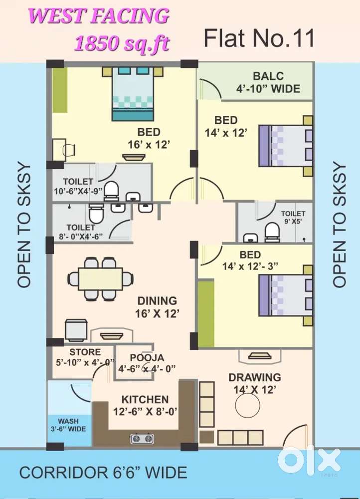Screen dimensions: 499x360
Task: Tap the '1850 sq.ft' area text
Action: [122, 43]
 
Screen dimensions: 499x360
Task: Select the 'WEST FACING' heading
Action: [99, 16]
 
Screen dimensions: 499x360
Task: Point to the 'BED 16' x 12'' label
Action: [149, 138]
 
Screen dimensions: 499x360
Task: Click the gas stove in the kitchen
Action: [142, 439]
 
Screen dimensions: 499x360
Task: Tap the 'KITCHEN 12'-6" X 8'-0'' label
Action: [145, 406]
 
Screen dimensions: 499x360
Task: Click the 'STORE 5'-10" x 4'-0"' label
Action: [85, 357]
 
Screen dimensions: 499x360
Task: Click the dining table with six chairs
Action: [100, 278]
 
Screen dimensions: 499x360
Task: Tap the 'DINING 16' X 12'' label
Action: [157, 307]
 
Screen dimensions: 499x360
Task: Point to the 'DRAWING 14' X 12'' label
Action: [254, 383]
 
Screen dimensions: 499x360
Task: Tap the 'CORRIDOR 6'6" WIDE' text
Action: [103, 472]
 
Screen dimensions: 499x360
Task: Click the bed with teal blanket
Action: [132, 95]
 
